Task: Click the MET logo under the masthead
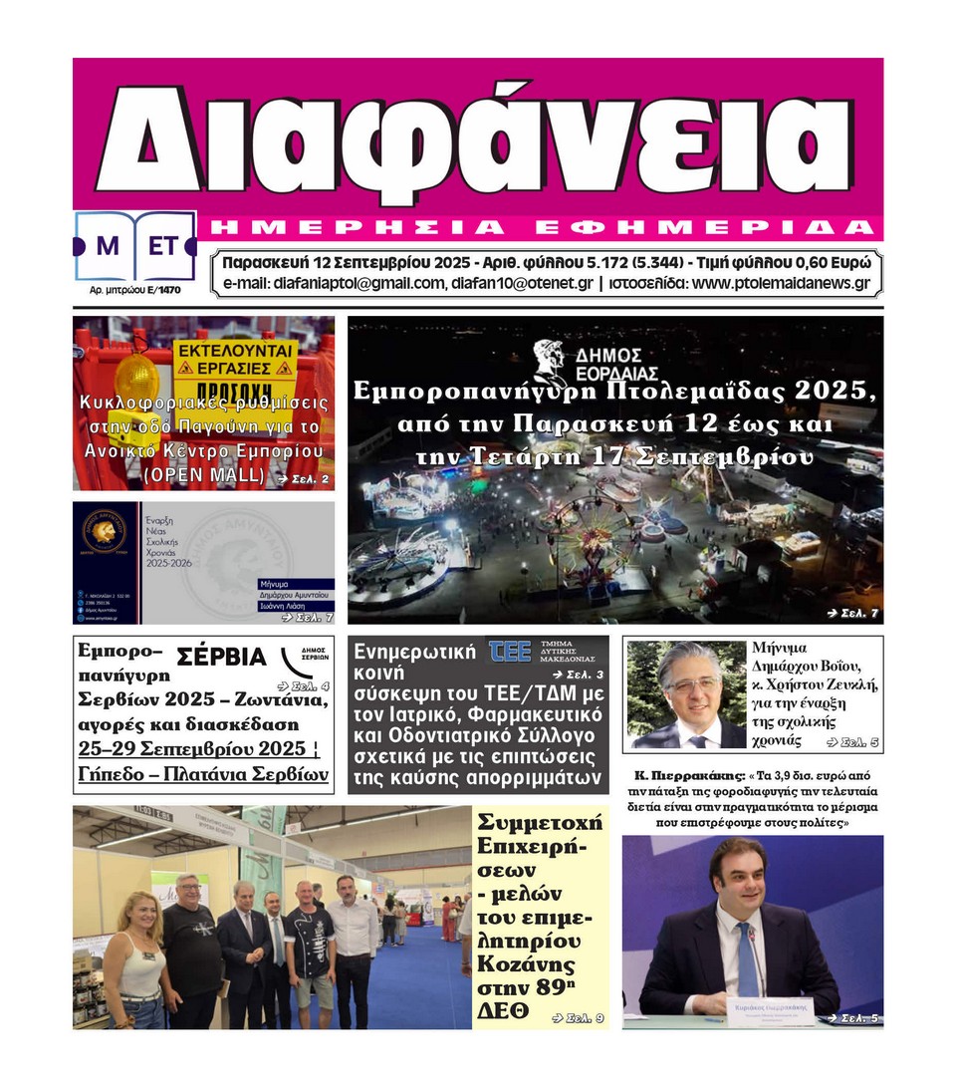point(135,245)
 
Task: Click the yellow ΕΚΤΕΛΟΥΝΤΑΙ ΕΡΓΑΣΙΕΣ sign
point(235,360)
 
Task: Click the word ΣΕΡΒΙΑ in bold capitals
point(221,657)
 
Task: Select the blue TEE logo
point(510,652)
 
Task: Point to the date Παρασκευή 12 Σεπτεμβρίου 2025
point(346,263)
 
